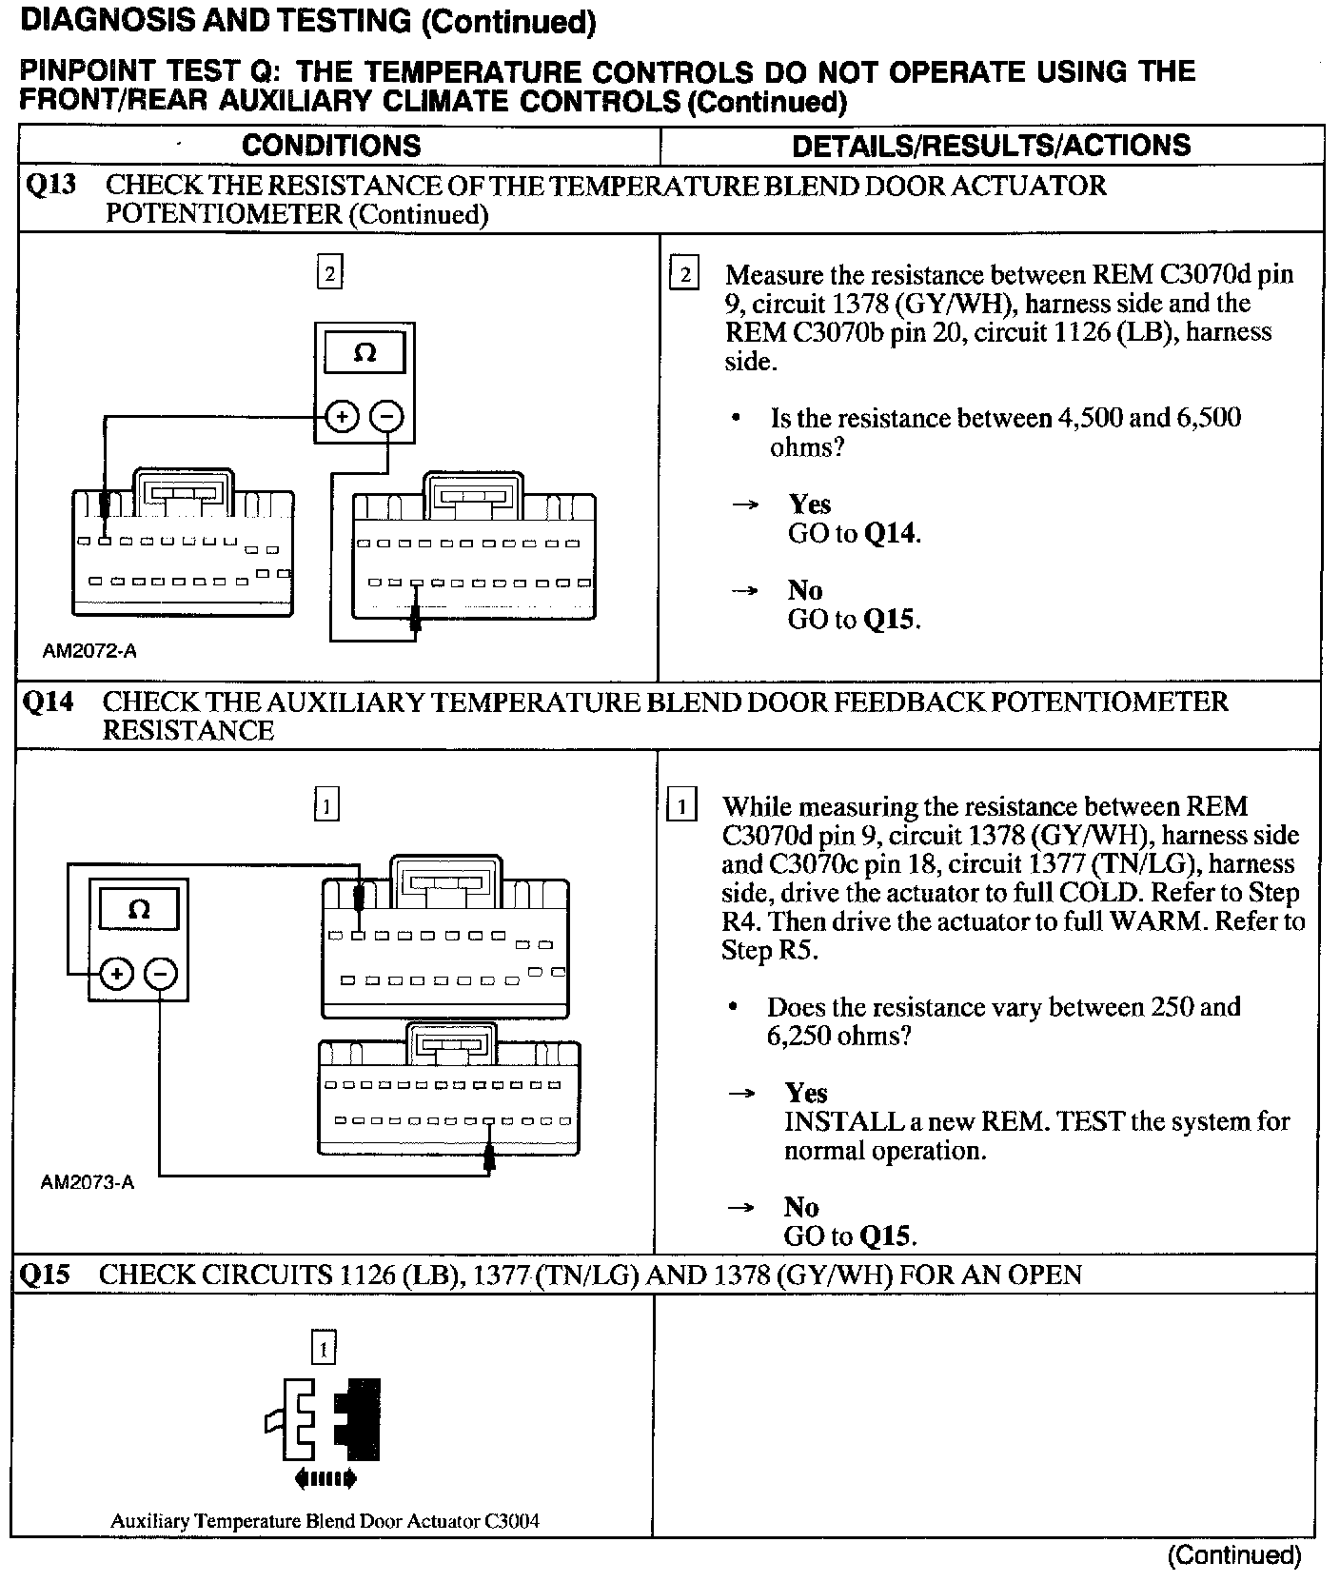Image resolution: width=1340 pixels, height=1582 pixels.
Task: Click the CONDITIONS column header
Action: [x=331, y=146]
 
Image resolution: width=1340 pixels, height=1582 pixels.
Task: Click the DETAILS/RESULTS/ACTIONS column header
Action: [x=991, y=146]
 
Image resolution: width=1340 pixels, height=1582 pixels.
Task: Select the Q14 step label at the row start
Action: [x=47, y=702]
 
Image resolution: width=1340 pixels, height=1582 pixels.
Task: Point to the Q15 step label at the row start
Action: [x=45, y=1275]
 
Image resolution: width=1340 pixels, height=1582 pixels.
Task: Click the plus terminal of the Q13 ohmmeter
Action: [x=342, y=417]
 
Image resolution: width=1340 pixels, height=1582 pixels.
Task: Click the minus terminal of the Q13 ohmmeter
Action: [x=387, y=417]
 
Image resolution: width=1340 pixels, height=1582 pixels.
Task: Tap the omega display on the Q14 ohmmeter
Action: [x=138, y=910]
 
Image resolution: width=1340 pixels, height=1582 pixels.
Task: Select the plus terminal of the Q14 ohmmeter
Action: [x=115, y=974]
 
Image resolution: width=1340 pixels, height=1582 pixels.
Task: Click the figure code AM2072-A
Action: [x=89, y=651]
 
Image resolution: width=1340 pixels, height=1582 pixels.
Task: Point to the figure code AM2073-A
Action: [x=88, y=1183]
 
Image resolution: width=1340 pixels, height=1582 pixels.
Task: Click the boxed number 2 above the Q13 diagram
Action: [x=329, y=274]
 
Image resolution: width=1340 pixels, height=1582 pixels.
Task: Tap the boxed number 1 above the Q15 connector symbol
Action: [x=324, y=1349]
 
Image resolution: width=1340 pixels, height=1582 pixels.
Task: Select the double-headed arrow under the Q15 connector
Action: [x=325, y=1478]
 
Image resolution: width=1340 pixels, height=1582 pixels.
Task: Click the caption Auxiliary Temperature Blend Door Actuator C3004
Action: [x=325, y=1521]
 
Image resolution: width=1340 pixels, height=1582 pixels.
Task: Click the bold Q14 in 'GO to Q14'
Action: [x=891, y=533]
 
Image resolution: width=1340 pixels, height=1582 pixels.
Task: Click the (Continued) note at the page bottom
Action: [x=1233, y=1555]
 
